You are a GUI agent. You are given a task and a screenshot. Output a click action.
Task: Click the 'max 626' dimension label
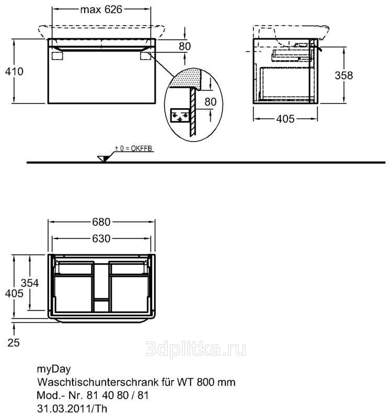click(101, 10)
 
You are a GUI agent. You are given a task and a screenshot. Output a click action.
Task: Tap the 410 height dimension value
click(14, 72)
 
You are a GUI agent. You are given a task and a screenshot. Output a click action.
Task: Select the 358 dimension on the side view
click(344, 75)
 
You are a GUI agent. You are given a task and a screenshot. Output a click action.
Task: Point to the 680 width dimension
click(101, 222)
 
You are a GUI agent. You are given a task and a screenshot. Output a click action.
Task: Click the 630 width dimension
click(101, 239)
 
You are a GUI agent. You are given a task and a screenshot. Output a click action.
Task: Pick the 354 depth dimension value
click(30, 283)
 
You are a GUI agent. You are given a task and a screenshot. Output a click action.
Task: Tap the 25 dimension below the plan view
click(14, 343)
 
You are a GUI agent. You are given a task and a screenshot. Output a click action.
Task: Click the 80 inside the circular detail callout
click(211, 101)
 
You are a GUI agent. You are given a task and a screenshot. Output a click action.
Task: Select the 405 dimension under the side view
click(285, 119)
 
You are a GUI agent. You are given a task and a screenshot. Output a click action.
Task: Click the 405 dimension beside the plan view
click(14, 294)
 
